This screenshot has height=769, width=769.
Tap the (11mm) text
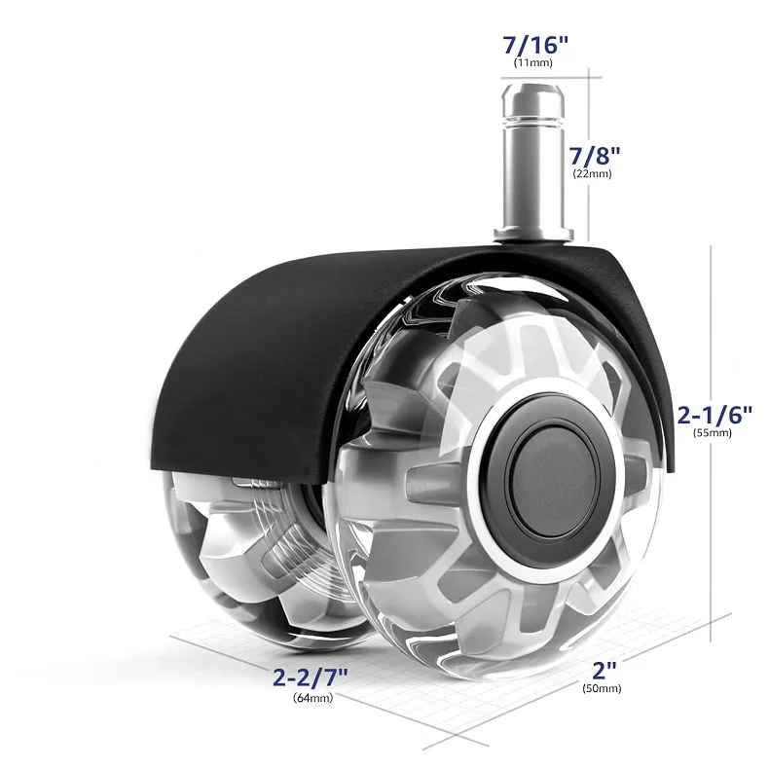533,63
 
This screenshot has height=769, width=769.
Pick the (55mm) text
713,435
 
